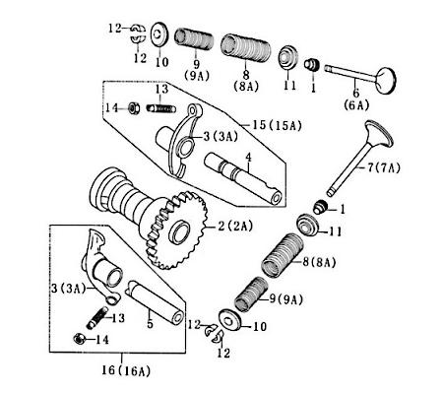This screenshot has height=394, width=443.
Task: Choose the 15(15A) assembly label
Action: [260, 127]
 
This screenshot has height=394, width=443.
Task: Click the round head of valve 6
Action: [378, 75]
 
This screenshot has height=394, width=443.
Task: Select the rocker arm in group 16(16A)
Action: [99, 261]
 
